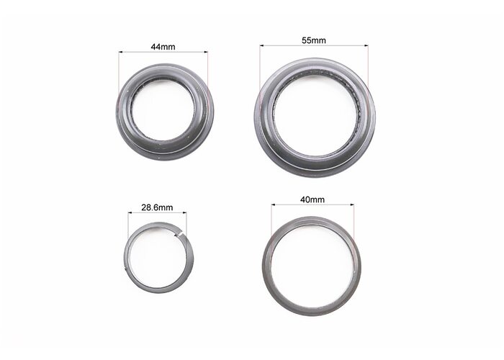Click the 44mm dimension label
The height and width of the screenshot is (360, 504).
coord(163,47)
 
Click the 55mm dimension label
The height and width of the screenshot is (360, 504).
coord(314,40)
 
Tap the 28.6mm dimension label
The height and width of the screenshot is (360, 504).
coord(157,207)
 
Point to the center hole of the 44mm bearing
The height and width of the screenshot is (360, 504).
coord(163,112)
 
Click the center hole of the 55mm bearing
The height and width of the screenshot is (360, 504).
coord(316,117)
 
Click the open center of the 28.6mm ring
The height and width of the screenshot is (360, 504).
coord(158,257)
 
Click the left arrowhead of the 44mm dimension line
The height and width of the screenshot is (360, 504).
coord(121,51)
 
